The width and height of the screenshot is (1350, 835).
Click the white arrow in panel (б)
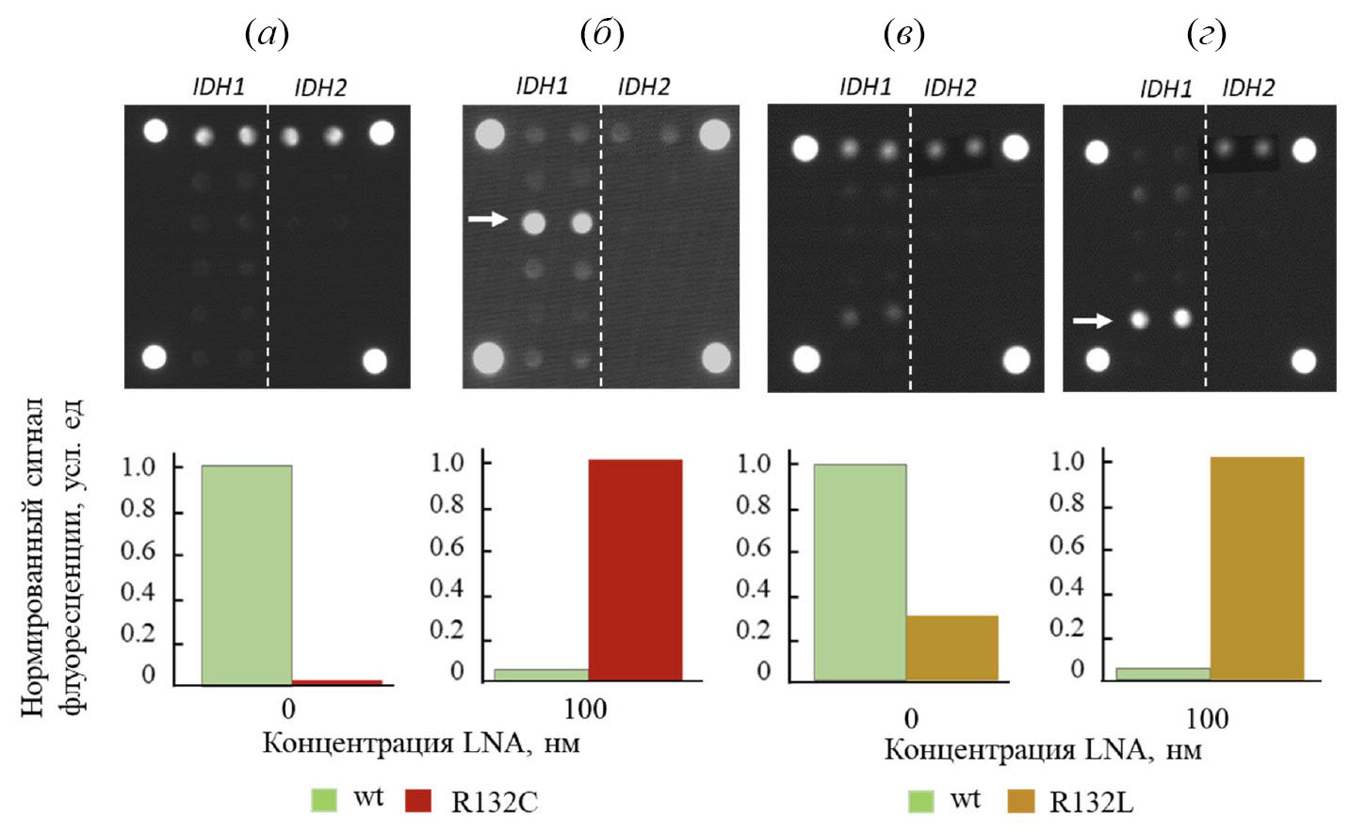(x=488, y=220)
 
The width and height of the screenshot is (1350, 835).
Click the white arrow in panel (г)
(x=1092, y=321)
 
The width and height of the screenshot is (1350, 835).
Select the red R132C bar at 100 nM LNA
(x=635, y=569)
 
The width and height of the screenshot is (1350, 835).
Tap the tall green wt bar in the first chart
(x=246, y=574)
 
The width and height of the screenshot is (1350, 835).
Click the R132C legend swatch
(x=417, y=801)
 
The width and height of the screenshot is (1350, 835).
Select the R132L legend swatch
(x=1021, y=801)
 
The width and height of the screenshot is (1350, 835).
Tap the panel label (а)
(x=267, y=35)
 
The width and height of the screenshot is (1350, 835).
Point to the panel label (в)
(x=903, y=35)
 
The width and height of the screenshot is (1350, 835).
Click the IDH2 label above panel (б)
(x=643, y=88)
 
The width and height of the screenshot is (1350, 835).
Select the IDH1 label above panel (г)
(x=1165, y=89)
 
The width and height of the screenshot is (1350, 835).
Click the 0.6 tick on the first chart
(x=138, y=550)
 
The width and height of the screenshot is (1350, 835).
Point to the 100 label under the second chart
(x=584, y=709)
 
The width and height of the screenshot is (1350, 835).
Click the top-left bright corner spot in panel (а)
(x=155, y=130)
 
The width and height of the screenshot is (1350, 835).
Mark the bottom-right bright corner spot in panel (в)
(x=1017, y=359)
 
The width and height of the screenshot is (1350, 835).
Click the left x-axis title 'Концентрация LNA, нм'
(x=420, y=743)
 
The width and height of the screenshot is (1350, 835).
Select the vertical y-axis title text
(x=53, y=556)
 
